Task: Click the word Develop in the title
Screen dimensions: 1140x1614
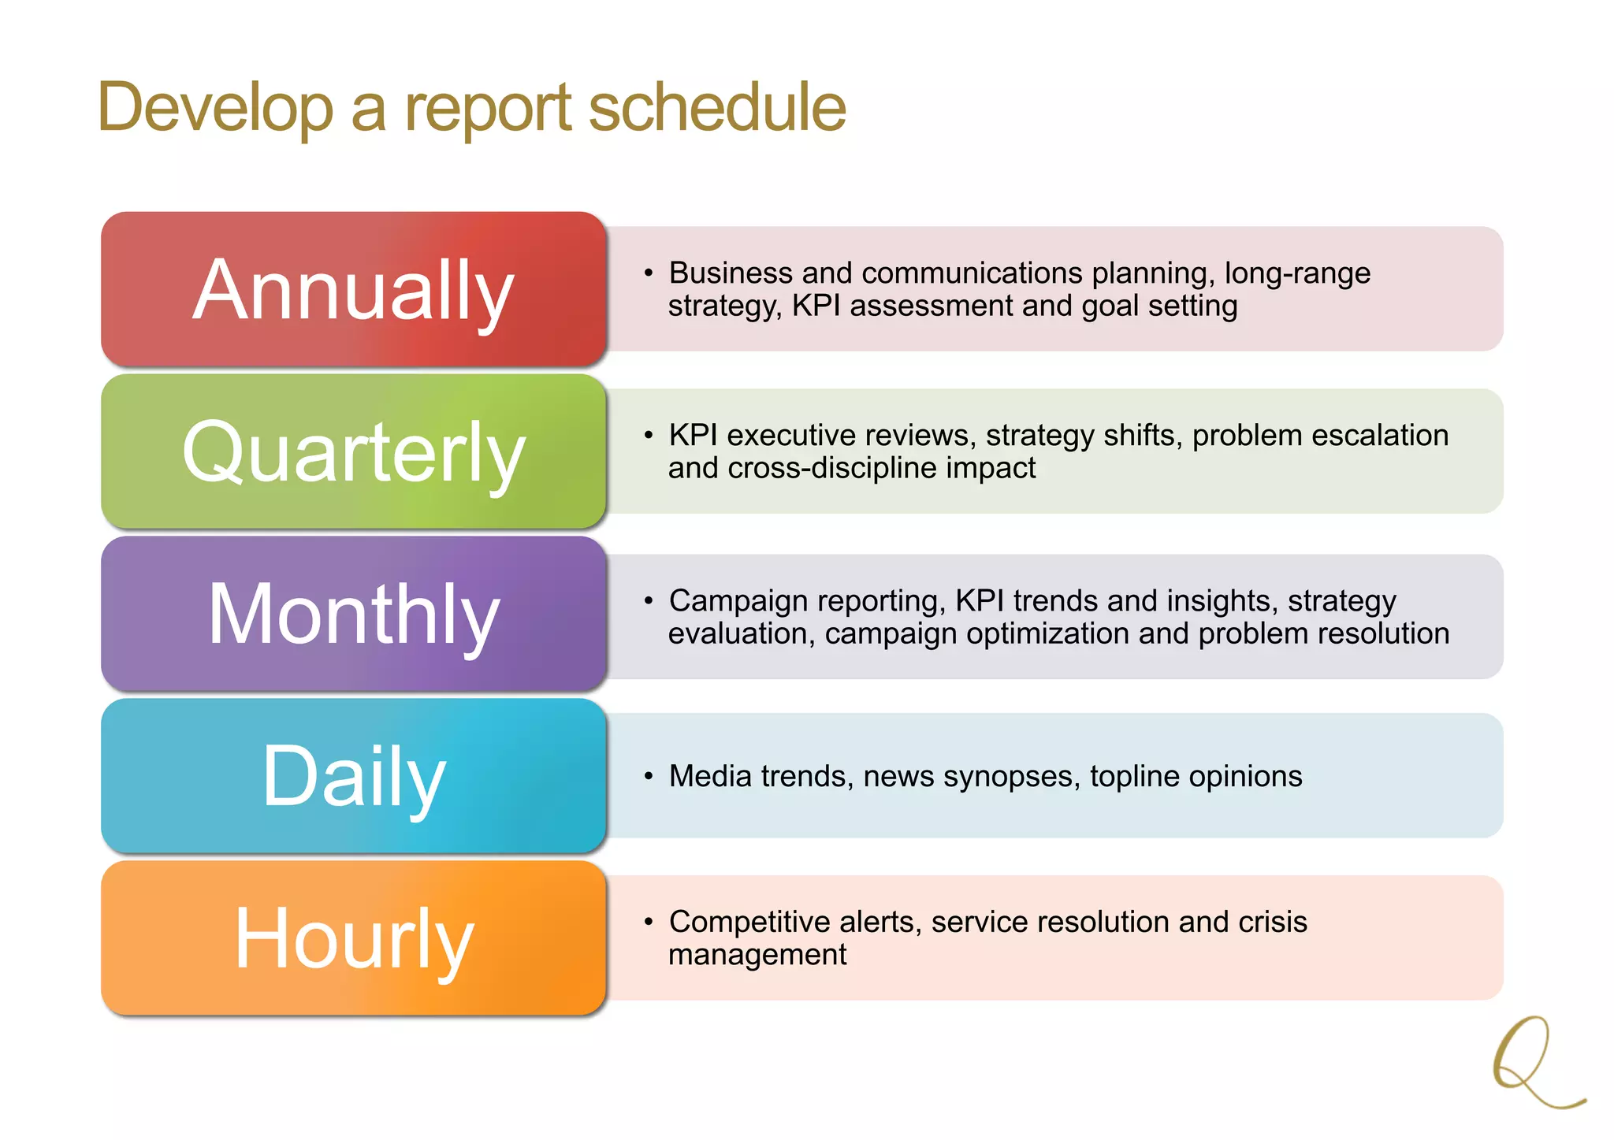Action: (x=215, y=108)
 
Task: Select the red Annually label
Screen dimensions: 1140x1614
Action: (x=353, y=290)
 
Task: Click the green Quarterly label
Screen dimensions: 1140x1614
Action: (x=353, y=451)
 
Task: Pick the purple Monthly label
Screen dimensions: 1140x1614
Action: (x=353, y=614)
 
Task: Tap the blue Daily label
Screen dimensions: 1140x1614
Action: (x=353, y=776)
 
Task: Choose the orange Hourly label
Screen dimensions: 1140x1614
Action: (x=353, y=938)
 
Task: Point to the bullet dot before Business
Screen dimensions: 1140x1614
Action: (x=649, y=273)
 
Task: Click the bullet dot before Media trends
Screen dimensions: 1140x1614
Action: (x=649, y=777)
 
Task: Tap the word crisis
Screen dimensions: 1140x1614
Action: (x=1272, y=922)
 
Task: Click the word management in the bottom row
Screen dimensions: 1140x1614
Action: (x=757, y=955)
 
